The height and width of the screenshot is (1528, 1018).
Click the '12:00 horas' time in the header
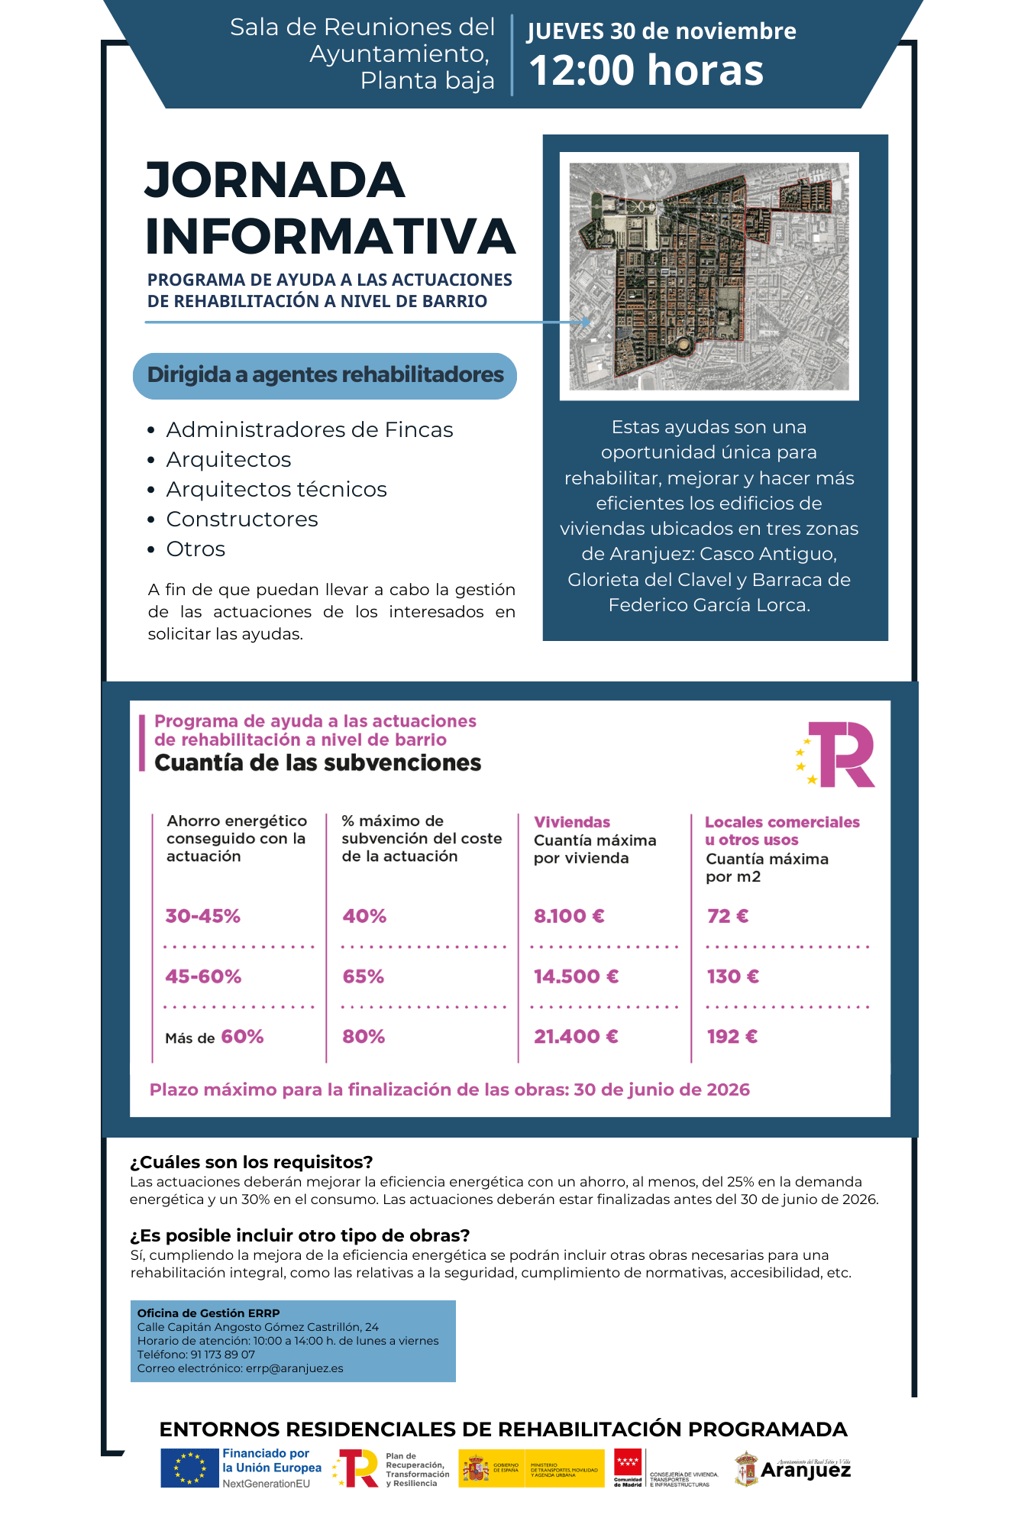[646, 70]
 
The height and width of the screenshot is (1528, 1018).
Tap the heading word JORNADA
[275, 180]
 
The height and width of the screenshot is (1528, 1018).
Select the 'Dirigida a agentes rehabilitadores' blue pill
[325, 375]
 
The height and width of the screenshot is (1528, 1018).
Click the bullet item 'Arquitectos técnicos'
[276, 489]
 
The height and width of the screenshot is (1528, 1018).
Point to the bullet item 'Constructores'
[242, 519]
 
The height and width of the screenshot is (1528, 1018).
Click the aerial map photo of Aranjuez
[709, 276]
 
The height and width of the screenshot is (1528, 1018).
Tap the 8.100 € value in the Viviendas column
[569, 916]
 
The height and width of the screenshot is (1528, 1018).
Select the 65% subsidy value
[364, 976]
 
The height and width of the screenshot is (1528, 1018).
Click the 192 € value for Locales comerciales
[732, 1037]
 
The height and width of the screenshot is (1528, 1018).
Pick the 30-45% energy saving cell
[203, 916]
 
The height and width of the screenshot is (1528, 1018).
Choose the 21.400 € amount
[576, 1037]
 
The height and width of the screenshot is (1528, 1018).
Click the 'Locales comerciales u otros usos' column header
[781, 830]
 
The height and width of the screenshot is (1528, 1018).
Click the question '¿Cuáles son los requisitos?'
[251, 1162]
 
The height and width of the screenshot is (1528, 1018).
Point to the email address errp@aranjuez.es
[294, 1368]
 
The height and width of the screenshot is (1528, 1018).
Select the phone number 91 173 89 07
[222, 1355]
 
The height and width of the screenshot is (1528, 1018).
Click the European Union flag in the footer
[189, 1468]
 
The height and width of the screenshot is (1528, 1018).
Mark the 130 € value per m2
[733, 976]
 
